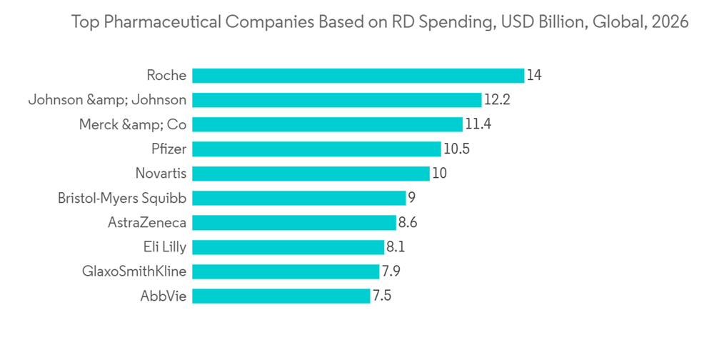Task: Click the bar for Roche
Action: (x=358, y=75)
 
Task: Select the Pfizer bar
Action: (x=316, y=149)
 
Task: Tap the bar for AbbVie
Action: (x=281, y=295)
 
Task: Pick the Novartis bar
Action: (x=311, y=173)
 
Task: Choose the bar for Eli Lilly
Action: (x=288, y=246)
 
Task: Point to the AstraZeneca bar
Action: (x=294, y=222)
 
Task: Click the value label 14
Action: (x=534, y=75)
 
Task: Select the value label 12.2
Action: (x=497, y=100)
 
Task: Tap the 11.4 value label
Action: (x=478, y=124)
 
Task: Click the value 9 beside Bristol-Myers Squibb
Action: (x=411, y=198)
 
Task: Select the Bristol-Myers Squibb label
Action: (x=122, y=198)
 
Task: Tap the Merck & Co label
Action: (x=133, y=124)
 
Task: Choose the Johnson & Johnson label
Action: (x=107, y=100)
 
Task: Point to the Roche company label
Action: (x=166, y=75)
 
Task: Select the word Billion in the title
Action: (x=558, y=23)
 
